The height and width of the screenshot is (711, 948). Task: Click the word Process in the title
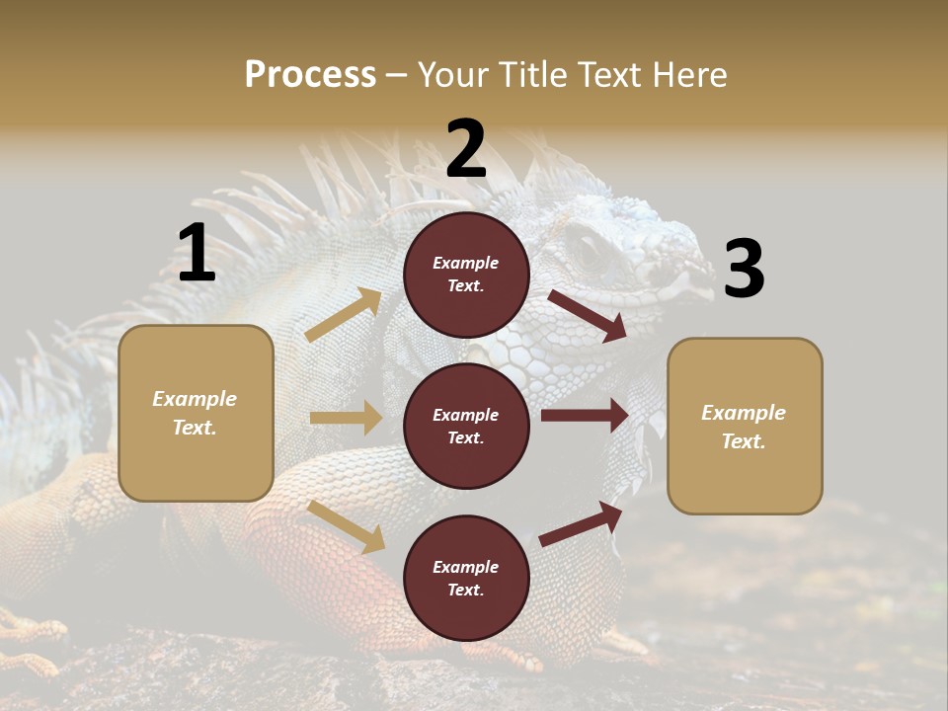tap(310, 74)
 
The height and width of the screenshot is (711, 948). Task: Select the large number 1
tap(197, 255)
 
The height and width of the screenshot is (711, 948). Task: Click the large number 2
tap(466, 149)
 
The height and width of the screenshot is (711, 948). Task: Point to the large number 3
tap(744, 270)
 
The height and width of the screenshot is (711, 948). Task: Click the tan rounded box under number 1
tap(196, 413)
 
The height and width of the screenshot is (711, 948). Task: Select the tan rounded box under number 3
tap(745, 426)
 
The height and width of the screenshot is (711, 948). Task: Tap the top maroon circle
tap(466, 275)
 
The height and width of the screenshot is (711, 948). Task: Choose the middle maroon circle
tap(466, 426)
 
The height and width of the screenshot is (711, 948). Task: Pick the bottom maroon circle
tap(466, 578)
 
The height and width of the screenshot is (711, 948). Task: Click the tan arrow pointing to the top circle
tap(344, 315)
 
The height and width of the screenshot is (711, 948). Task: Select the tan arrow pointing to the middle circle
tap(346, 418)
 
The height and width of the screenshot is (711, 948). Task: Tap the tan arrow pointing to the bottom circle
tap(347, 526)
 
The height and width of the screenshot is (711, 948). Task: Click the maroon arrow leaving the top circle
tap(587, 315)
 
